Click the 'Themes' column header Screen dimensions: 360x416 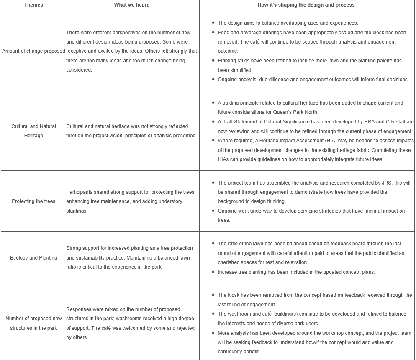33,5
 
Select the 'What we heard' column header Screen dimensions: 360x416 132,5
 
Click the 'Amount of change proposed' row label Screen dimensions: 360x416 33,51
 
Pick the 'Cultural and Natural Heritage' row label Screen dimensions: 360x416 33,131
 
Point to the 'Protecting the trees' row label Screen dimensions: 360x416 33,201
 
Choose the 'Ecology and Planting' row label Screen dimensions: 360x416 33,258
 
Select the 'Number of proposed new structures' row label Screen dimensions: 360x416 33,323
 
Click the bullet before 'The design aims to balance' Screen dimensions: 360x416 213,23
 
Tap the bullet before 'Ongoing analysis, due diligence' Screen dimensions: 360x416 213,80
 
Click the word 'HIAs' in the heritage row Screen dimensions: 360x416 224,159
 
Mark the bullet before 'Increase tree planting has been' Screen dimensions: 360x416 213,272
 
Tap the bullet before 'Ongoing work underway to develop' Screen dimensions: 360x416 213,211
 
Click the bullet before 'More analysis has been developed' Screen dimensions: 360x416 213,333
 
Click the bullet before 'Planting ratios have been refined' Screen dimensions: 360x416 213,61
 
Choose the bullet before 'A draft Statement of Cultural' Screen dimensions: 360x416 213,122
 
